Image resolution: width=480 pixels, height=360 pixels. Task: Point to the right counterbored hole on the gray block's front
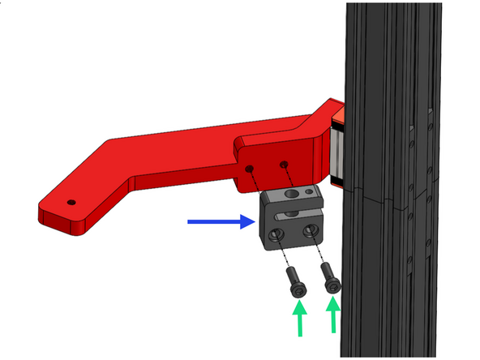click(309, 231)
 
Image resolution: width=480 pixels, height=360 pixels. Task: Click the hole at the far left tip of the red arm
click(71, 201)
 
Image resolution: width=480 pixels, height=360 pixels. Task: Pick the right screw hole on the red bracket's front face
click(285, 165)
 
